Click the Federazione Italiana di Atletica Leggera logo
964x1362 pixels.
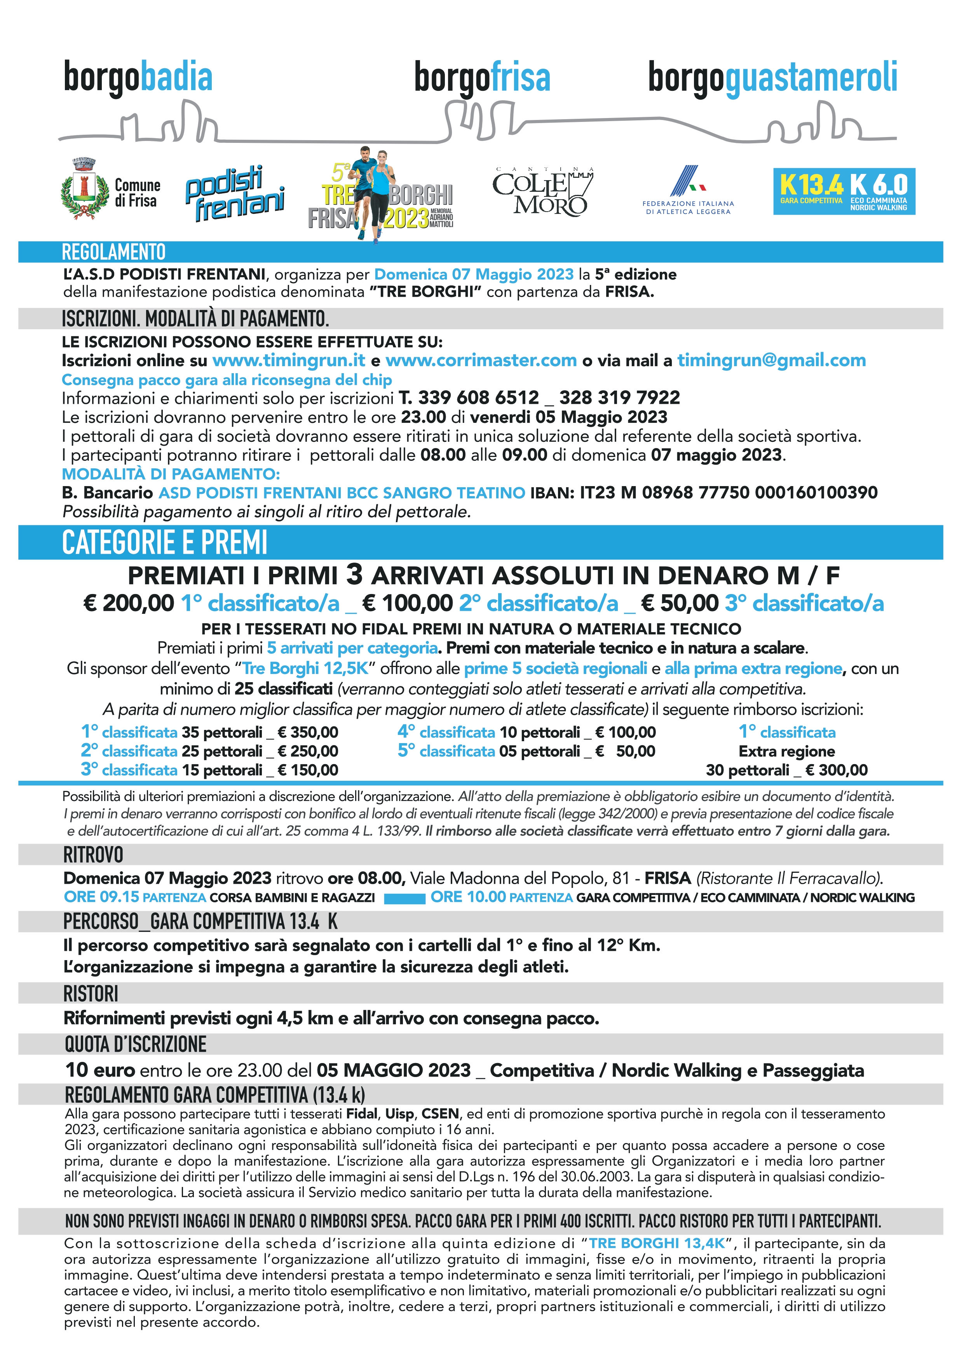point(688,191)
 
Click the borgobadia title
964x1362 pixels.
point(138,78)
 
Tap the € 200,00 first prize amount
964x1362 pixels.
point(129,603)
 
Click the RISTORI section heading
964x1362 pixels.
point(91,994)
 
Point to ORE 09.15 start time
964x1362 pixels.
point(101,897)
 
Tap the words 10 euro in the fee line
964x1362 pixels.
point(101,1070)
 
